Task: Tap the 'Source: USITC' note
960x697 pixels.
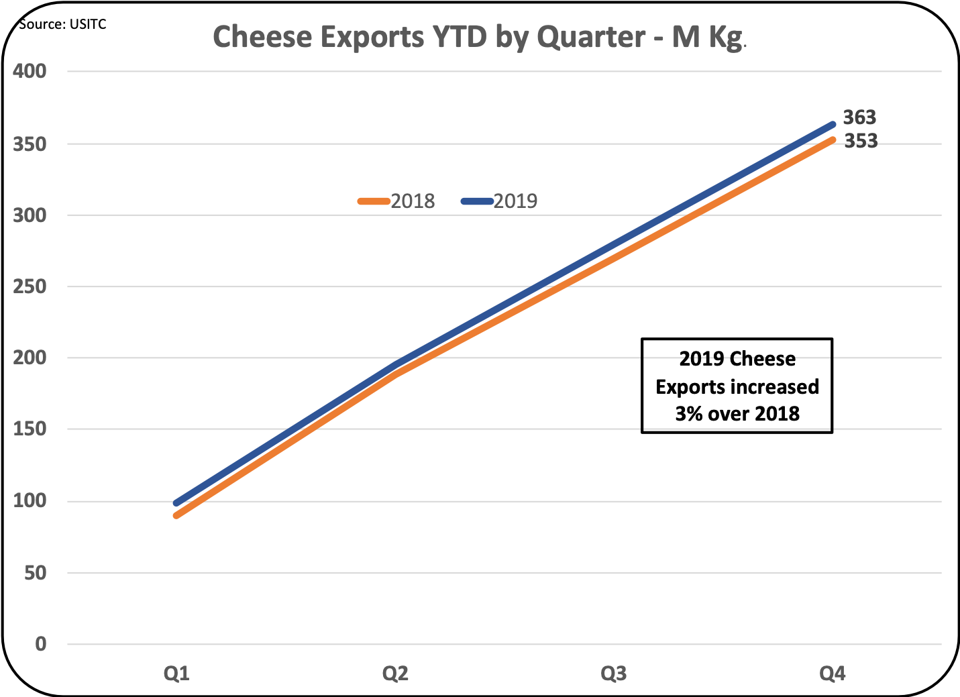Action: (62, 24)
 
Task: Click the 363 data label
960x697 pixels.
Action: (859, 117)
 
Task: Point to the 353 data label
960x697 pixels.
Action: (861, 141)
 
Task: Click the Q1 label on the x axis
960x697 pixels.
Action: (176, 673)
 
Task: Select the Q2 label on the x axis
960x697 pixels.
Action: (395, 673)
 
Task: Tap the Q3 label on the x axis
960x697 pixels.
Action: (614, 673)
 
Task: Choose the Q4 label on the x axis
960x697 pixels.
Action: (833, 673)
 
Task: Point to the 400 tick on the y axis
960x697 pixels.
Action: (30, 71)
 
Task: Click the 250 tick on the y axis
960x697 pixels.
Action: (30, 286)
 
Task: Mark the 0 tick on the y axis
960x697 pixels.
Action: (41, 644)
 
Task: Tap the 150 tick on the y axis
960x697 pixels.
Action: (30, 429)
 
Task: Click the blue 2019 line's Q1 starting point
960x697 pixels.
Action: (176, 503)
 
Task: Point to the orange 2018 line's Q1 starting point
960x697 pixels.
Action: (176, 515)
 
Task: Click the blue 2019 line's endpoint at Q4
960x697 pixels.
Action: (833, 125)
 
